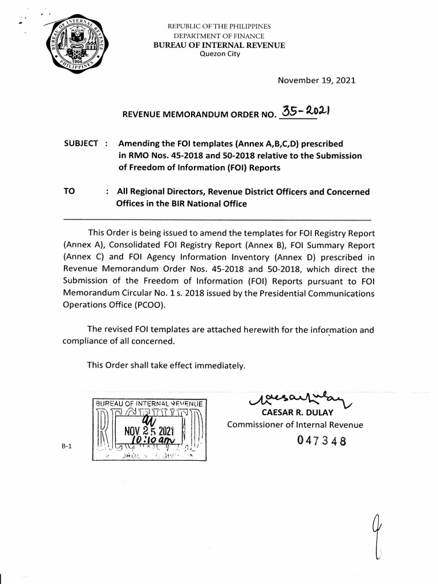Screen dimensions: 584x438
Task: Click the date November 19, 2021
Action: [316, 80]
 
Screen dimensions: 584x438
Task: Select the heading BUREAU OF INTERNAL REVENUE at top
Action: [220, 45]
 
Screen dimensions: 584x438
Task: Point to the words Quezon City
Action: [220, 54]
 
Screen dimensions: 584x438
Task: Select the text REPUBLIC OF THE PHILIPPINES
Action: [219, 27]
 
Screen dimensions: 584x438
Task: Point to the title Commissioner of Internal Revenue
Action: [295, 424]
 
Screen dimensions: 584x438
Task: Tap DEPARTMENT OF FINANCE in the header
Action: [219, 36]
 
